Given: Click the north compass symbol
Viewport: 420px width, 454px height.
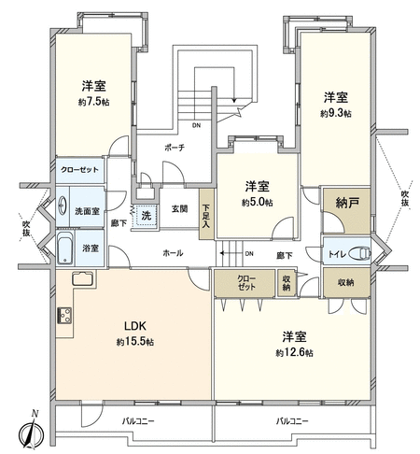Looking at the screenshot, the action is point(32,431).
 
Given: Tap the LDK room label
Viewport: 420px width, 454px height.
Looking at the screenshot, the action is point(135,326).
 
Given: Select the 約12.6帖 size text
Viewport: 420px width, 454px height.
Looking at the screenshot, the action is point(294,353).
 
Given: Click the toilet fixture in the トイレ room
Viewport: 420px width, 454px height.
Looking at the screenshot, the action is point(360,253).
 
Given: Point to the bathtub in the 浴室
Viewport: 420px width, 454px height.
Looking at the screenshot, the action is point(65,248).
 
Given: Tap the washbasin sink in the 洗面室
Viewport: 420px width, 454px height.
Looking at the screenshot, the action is point(63,206).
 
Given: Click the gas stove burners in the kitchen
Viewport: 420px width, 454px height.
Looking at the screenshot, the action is point(64,316).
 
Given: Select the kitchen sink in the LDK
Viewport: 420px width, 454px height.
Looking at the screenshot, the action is point(82,278).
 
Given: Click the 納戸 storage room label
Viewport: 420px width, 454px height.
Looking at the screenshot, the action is point(347,203).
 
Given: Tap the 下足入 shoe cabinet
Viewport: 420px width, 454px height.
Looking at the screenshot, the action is point(206,215).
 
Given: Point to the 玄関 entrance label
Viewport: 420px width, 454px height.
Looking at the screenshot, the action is point(179,208).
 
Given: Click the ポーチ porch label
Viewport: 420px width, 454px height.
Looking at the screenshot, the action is point(175,148).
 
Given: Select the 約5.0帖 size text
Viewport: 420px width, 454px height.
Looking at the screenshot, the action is point(258,203).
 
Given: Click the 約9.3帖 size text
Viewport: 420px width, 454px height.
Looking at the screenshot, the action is point(336,113).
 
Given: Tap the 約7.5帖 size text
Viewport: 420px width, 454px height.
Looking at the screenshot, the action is point(93,102).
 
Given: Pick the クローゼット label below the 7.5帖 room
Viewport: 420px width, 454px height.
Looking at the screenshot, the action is point(79,170).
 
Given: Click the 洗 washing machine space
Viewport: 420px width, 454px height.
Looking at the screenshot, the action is point(147,216).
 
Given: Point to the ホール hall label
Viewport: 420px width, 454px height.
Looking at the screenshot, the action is point(173,253).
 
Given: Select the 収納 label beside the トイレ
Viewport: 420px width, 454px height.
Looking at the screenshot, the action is point(346,282).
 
